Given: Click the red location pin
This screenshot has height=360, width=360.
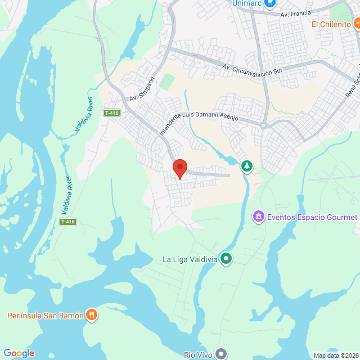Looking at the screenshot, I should point(179,168).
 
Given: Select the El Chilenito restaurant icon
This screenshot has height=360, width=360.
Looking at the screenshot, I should point(357,24).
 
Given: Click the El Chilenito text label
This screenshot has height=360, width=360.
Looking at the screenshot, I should point(331,24).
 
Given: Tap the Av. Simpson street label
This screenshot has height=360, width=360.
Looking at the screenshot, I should point(141,89).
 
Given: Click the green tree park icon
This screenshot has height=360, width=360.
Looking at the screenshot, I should point(246,165).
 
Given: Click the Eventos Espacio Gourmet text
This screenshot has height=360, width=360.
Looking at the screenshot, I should point(312,217).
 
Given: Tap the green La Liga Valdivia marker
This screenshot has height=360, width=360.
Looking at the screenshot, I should point(226,259).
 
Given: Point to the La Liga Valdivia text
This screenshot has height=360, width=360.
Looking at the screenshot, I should point(189,259).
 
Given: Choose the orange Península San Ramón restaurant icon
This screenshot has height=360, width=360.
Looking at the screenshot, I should point(92,315).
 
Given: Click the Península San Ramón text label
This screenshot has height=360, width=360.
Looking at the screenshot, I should point(46,316).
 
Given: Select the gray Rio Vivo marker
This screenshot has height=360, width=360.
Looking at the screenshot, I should point(222,354).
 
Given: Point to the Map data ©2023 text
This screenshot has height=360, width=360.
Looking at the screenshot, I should point(335,355).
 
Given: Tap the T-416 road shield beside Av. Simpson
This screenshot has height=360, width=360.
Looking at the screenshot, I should point(112,113).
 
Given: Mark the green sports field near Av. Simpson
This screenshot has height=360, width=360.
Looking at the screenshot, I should point(166,81).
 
